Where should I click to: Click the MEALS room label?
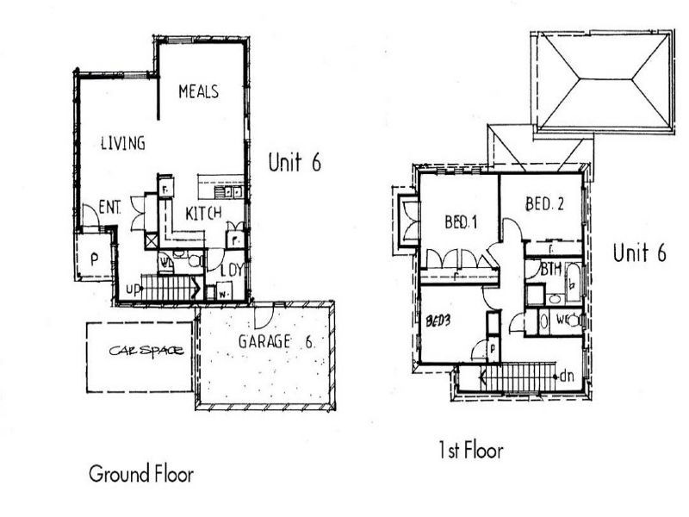point(198,91)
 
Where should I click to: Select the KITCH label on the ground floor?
point(203,213)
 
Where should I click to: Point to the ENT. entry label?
point(109,209)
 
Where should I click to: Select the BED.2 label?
point(544,204)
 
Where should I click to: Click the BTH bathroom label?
point(550,270)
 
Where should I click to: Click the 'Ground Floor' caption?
point(141,474)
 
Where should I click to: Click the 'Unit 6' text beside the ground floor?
point(294,162)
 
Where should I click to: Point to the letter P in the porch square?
point(93,258)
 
